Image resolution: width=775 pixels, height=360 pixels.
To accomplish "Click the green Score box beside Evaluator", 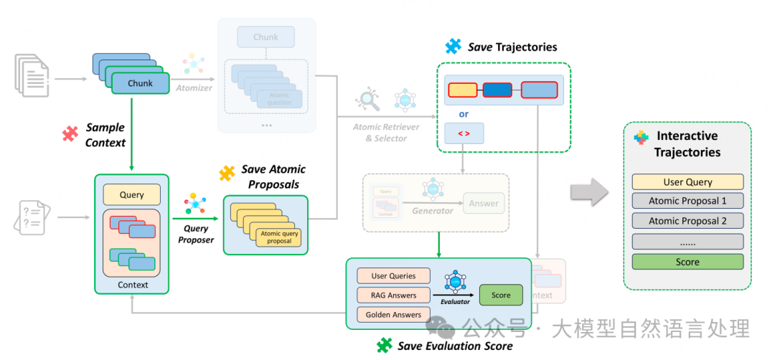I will (x=501, y=295).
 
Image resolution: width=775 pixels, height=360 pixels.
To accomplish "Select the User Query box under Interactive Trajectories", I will (x=687, y=182).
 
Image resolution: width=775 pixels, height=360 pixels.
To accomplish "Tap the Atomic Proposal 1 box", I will (x=687, y=202).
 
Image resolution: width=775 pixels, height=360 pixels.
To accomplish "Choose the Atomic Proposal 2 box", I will (x=687, y=222).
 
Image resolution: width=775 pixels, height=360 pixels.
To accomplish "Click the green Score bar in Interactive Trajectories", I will (x=687, y=262).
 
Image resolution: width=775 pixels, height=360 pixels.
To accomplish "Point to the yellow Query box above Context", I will (x=132, y=194).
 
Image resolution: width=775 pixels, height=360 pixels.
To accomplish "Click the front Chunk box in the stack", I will (x=140, y=83).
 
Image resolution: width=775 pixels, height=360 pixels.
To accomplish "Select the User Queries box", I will (x=393, y=276).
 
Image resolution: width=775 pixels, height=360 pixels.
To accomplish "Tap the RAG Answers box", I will (x=393, y=295).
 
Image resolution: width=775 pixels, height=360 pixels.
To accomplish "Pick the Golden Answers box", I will (x=393, y=314).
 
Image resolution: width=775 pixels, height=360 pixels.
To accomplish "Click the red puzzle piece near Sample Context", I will (x=70, y=133).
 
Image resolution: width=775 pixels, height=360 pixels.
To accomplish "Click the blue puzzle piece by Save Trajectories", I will (x=453, y=47).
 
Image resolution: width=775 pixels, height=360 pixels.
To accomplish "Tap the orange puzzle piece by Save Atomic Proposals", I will (x=227, y=173).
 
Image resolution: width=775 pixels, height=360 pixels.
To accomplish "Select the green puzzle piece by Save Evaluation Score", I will (x=385, y=346).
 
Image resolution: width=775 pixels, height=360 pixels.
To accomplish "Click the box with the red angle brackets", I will (x=464, y=133).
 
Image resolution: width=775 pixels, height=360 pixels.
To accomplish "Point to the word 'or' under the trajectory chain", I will (x=464, y=113).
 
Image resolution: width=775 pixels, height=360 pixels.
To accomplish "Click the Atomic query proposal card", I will (x=281, y=237).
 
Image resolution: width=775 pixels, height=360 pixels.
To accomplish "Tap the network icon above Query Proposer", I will (x=194, y=203).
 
